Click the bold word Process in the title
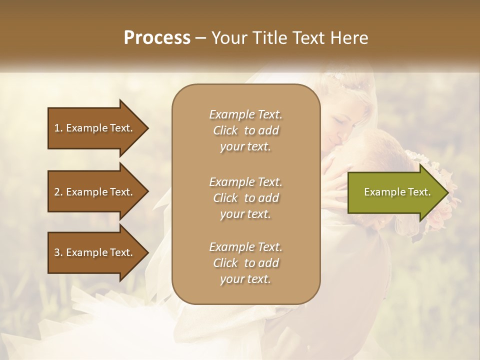pos(157,38)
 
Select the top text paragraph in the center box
pos(245,130)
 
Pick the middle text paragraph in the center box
pos(245,197)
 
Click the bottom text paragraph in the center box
pos(245,263)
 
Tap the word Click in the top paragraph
pos(225,131)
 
